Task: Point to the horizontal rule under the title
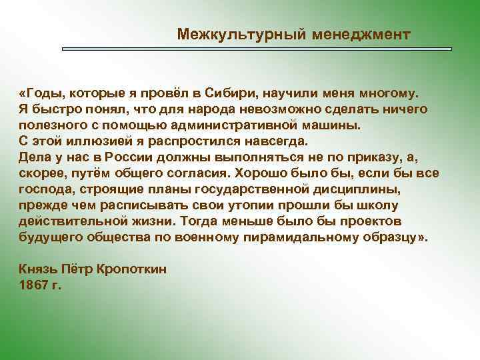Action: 257,49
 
